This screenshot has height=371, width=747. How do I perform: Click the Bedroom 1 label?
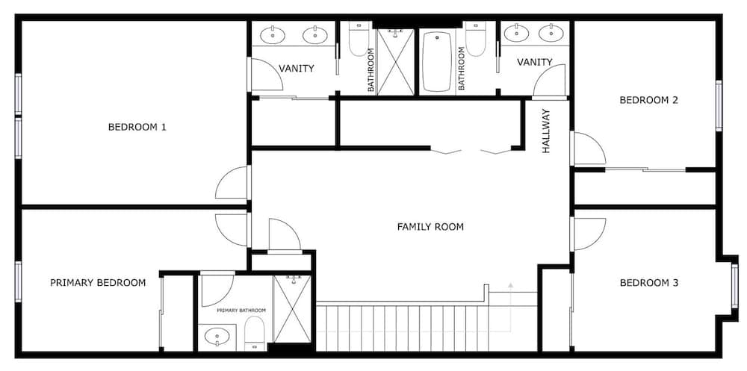tap(137, 127)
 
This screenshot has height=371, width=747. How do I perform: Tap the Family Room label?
tap(430, 227)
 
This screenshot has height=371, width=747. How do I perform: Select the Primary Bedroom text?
tap(98, 283)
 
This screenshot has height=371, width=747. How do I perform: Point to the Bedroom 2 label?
tap(648, 100)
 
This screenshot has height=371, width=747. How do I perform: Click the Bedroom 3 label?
tap(649, 283)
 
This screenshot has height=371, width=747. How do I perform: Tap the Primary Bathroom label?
tap(241, 311)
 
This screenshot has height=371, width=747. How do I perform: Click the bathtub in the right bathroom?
tap(437, 61)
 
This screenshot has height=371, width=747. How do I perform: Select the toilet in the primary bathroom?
tap(255, 334)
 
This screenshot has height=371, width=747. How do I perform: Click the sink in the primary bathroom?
tap(217, 337)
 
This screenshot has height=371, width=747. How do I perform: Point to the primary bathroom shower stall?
tap(292, 308)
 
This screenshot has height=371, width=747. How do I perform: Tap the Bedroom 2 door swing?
tap(589, 149)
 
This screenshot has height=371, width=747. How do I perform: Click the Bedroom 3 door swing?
tap(589, 234)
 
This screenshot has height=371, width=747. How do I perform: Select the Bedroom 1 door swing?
tap(232, 182)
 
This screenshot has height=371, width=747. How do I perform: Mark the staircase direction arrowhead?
tap(510, 286)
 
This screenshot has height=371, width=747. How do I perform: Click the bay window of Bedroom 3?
tap(734, 286)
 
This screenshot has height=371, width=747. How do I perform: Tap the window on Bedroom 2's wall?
tap(719, 106)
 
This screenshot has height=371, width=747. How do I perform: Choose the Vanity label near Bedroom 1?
tap(297, 69)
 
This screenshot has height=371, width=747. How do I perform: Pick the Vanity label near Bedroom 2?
tap(535, 62)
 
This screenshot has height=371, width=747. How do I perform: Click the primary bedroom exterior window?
tap(18, 281)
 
